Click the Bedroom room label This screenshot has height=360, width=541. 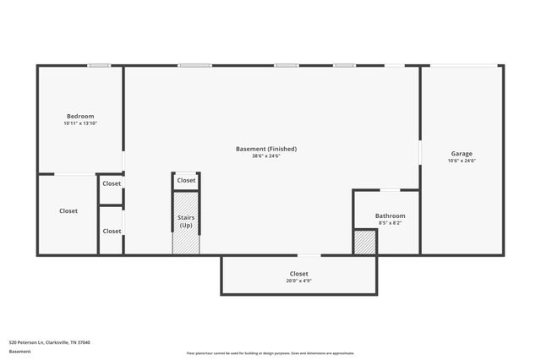[x=80, y=116]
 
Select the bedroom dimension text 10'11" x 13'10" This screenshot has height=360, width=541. [x=80, y=123]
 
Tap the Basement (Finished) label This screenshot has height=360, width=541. [x=266, y=149]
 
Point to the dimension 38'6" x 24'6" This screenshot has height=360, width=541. [x=266, y=155]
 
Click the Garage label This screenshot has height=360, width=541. [x=462, y=154]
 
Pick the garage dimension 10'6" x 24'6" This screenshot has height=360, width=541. [x=462, y=161]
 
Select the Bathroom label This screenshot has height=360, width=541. [x=390, y=215]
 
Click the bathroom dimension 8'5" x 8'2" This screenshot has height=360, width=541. [x=390, y=222]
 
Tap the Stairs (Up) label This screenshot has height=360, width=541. [x=185, y=221]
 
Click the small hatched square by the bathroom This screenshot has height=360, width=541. [x=364, y=243]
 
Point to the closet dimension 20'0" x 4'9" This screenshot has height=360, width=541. [x=298, y=281]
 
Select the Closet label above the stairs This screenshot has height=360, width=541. [x=186, y=180]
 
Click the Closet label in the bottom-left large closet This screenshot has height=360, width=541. [x=68, y=210]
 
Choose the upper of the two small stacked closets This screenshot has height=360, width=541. [x=112, y=183]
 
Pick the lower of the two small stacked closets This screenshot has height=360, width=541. [x=112, y=231]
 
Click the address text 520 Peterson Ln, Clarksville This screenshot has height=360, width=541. [x=49, y=342]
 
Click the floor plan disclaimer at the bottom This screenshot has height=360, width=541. [x=270, y=353]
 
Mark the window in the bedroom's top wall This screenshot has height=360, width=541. [x=100, y=66]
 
